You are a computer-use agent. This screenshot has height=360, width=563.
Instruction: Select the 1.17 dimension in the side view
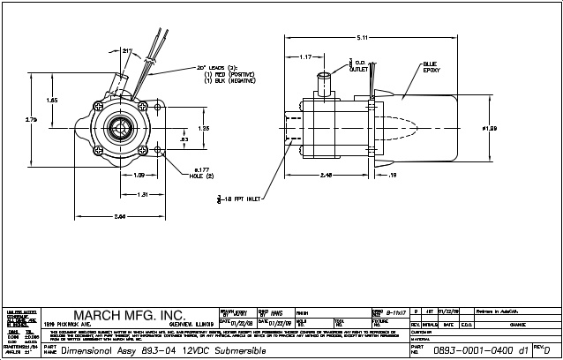(x=306, y=57)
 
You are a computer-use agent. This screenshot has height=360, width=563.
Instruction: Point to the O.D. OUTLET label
(x=359, y=66)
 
